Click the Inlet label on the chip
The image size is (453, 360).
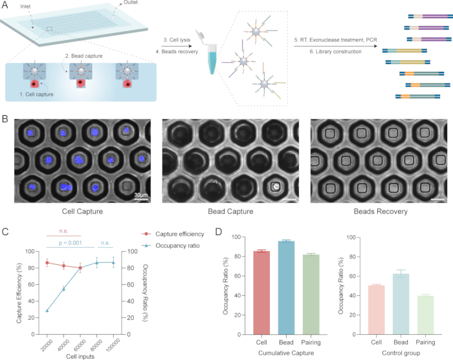pos(25,6)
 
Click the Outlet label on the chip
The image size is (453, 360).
pos(130,3)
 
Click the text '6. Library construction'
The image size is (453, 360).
pos(335,51)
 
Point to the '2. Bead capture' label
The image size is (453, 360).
pos(83,56)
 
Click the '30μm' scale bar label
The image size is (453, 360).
pos(141,195)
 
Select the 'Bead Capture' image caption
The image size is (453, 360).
pos(230,211)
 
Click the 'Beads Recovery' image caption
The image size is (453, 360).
pos(381,211)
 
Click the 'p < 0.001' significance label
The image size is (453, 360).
pos(70,243)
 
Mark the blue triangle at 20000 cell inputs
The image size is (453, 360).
pos(47,311)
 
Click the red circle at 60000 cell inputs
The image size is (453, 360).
pos(80,268)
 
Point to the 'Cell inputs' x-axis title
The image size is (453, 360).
pos(80,357)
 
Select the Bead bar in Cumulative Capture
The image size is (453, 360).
pos(286,287)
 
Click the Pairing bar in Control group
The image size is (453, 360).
pos(426,315)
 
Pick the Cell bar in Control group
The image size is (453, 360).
pos(377,310)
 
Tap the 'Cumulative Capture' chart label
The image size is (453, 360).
pos(286,353)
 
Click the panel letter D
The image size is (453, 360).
pos(219,232)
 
